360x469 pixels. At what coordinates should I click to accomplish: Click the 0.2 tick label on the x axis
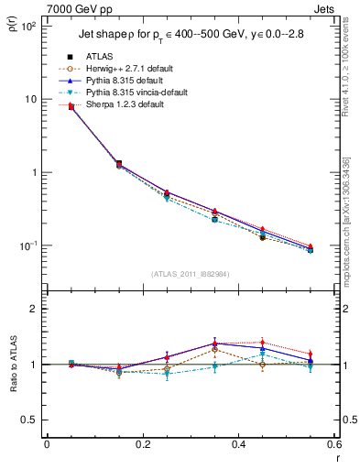coord(142,444)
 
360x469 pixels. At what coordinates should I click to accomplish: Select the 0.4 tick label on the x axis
coord(239,444)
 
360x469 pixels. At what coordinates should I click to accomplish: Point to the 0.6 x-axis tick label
coord(334,444)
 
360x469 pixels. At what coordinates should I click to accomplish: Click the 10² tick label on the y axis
coord(28,26)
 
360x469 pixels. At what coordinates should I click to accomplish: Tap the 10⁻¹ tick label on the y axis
coord(28,245)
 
